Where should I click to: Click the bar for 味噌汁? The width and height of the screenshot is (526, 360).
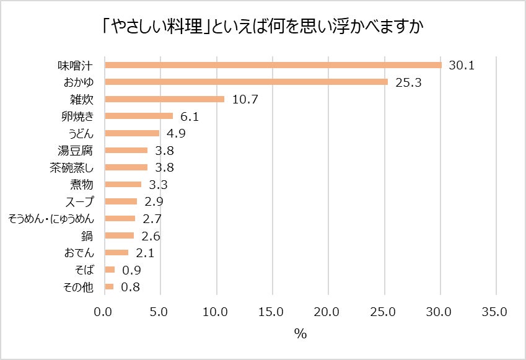pos(273,65)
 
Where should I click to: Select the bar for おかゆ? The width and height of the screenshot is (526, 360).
pos(246,82)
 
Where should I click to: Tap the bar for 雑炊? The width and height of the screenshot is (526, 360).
pos(164,99)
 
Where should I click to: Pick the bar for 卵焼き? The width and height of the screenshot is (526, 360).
pos(139,116)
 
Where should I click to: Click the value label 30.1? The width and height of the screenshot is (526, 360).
pos(462,65)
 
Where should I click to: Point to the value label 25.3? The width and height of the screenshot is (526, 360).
pos(408,82)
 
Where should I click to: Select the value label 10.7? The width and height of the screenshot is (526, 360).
pos(245,99)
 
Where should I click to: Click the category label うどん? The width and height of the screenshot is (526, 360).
pos(81,133)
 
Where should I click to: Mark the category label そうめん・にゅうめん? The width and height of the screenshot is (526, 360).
pos(51,218)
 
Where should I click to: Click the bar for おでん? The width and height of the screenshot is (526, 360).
pos(116,252)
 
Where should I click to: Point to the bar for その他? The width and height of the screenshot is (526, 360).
pos(109,286)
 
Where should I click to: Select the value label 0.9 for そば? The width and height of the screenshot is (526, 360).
pos(132,270)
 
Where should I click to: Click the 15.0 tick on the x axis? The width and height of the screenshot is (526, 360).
pos(271,312)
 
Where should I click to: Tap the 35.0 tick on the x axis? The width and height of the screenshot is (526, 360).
pos(495,312)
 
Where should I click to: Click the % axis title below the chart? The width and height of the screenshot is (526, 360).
pos(300,334)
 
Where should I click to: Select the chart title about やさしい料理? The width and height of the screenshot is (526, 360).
pos(263,27)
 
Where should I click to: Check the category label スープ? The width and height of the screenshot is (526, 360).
pos(80,201)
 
